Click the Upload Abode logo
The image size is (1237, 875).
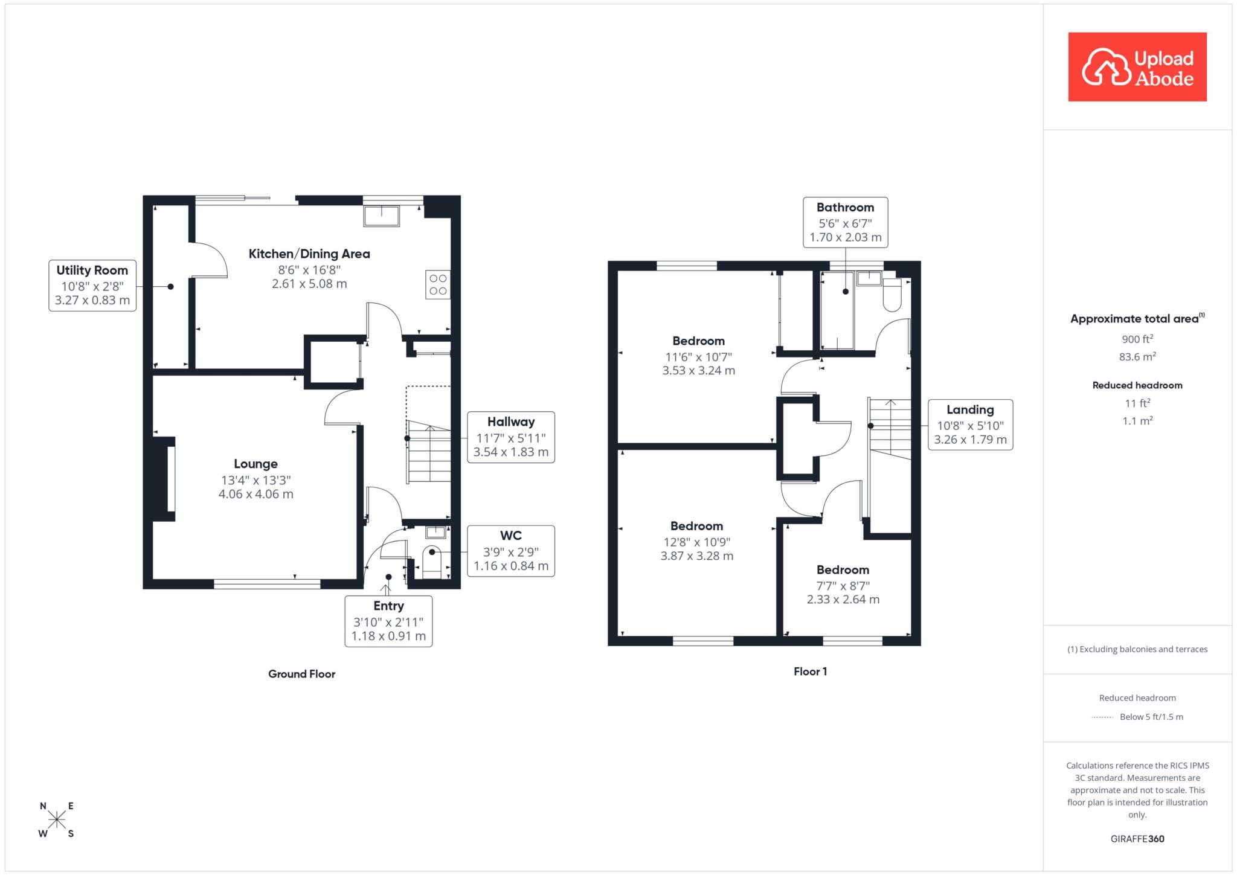[x=1137, y=67]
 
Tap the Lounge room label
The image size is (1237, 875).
[x=256, y=464]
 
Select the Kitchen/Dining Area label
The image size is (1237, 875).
[x=309, y=254]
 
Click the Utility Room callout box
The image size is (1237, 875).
[x=92, y=285]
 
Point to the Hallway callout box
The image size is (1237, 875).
[x=511, y=437]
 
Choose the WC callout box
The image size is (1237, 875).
[x=511, y=551]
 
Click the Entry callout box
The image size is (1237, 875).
[x=388, y=621]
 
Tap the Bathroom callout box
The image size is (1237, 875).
[x=846, y=222]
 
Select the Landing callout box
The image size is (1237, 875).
[x=970, y=425]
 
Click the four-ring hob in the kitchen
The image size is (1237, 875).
[x=438, y=284]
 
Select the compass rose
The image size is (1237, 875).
[x=57, y=819]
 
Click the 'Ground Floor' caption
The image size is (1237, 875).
[x=301, y=674]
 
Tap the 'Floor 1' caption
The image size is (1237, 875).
[x=810, y=671]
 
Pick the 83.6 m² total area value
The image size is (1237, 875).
[x=1137, y=356]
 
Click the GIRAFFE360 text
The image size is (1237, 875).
[x=1137, y=839]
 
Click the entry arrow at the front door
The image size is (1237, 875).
[x=386, y=590]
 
